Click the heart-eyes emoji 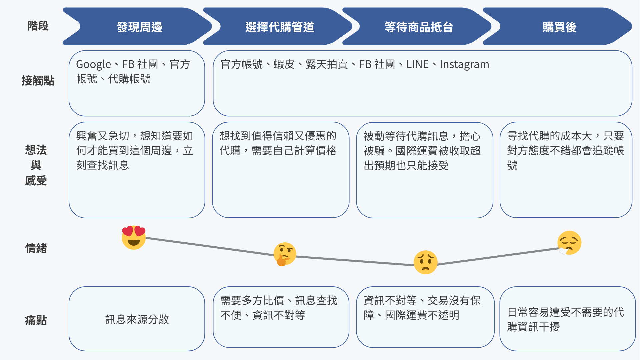coord(134,237)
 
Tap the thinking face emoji coord(284,254)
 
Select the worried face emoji coord(425,262)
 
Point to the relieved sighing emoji coord(569,243)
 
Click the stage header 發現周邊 coord(139,27)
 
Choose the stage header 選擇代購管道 coord(280,27)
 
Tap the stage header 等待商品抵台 coord(419,27)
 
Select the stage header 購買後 coord(559,27)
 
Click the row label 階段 coord(38,26)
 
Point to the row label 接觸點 coord(38,81)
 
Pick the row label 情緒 coord(36,248)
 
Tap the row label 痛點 coord(36,320)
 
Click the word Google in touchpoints coord(93,64)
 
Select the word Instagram coord(464,64)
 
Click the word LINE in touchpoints coord(417,64)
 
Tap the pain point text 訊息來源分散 coord(137,319)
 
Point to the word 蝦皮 coord(284,64)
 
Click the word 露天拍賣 coord(326,64)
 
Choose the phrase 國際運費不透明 coord(422,315)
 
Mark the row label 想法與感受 coord(36,165)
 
